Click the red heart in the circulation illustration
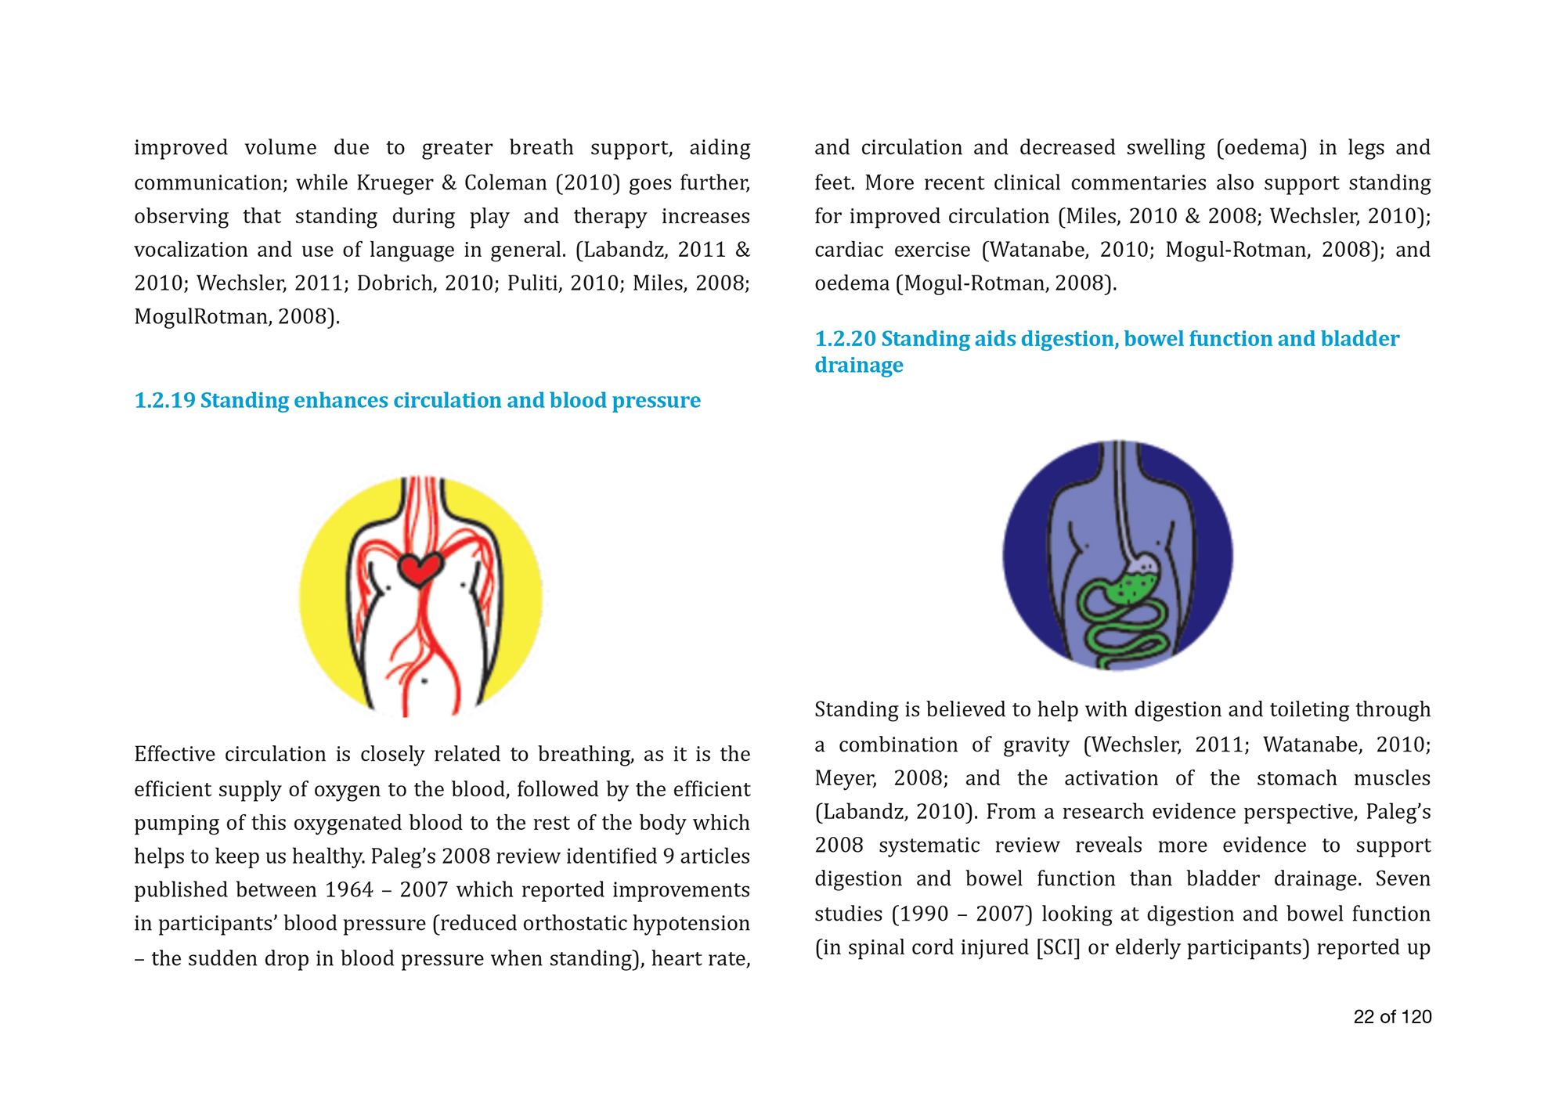(x=420, y=569)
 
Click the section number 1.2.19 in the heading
(x=164, y=401)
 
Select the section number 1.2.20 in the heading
(x=845, y=339)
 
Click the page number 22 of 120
(x=1392, y=1017)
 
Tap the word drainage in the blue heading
(x=858, y=366)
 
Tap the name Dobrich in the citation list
(x=394, y=283)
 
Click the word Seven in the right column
(x=1402, y=879)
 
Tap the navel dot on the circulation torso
(x=424, y=681)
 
